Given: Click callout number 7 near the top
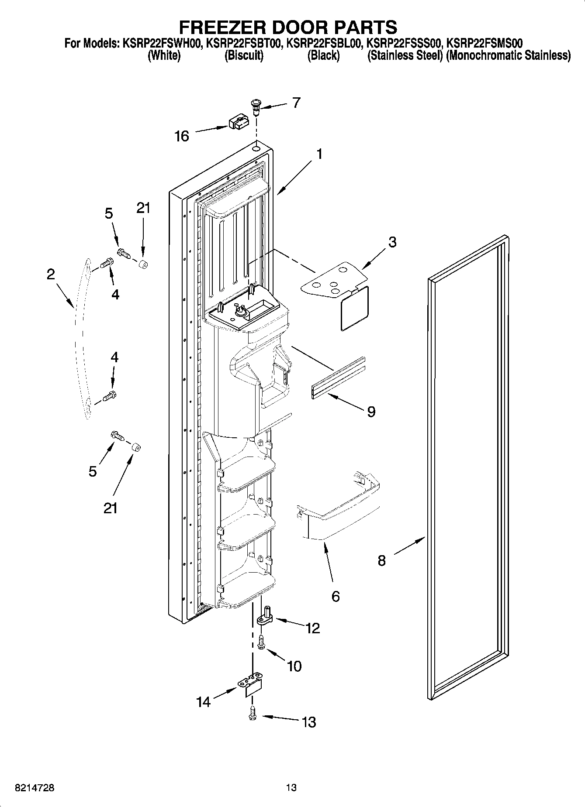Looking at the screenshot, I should [297, 103].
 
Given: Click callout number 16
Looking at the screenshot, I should [182, 136].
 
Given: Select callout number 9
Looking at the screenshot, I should [371, 411].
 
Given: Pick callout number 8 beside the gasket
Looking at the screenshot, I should [382, 560].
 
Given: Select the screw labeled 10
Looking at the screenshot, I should [262, 643].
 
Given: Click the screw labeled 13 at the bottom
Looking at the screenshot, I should [252, 714].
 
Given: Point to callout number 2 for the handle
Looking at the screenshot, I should [51, 274].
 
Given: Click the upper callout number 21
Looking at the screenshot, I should [143, 208].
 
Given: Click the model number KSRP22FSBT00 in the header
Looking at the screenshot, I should [243, 43].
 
